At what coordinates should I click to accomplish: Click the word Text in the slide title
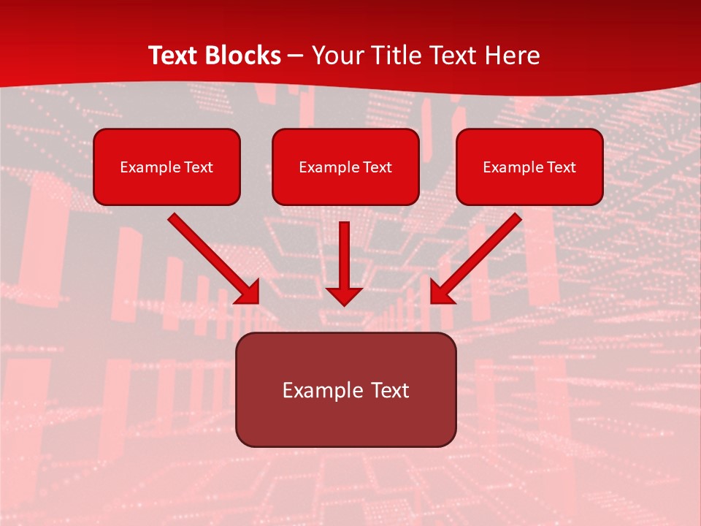(172, 56)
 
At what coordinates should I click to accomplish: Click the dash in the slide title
(296, 56)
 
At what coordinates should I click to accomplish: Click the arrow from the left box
(212, 257)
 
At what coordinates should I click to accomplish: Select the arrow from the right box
(478, 257)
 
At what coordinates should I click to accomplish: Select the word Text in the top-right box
(561, 167)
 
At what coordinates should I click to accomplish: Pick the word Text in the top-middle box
(377, 167)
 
